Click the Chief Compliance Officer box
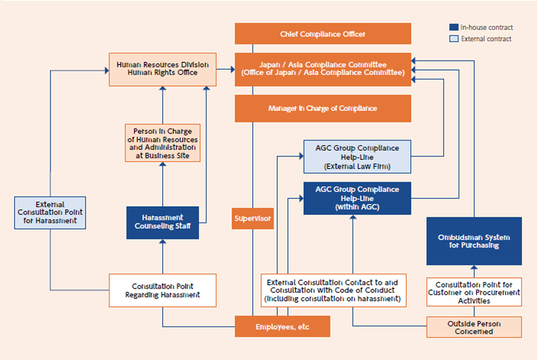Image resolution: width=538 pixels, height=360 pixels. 322,34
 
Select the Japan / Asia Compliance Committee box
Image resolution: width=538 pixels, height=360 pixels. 322,69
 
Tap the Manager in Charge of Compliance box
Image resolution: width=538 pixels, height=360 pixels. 322,108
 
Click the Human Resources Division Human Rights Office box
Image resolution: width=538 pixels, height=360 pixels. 163,69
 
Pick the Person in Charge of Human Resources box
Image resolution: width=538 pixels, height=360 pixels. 163,143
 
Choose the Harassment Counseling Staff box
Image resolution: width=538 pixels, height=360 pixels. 163,223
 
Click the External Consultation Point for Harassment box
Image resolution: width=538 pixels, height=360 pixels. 50,213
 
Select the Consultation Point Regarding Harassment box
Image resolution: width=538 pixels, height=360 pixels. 163,291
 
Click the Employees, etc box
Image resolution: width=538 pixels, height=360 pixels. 282,327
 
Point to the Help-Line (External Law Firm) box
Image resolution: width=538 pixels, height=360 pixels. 356,157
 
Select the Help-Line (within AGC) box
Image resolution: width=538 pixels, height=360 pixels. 356,199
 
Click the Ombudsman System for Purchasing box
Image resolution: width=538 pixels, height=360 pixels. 474,241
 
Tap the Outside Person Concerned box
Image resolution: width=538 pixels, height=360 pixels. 474,327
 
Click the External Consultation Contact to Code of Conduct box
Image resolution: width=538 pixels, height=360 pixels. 332,290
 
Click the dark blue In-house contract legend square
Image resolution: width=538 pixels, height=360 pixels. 454,28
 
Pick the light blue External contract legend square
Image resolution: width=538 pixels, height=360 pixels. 454,39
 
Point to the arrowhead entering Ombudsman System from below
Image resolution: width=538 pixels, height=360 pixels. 474,268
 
